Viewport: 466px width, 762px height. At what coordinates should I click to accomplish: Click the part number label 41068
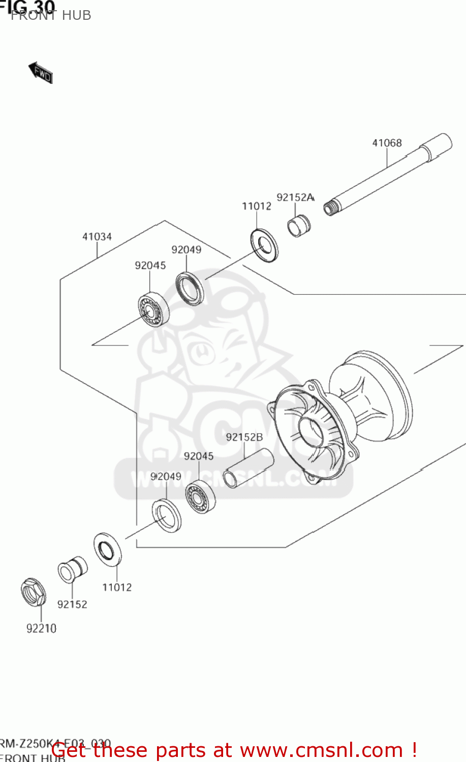pos(387,143)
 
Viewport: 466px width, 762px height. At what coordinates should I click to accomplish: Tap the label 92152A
pos(295,197)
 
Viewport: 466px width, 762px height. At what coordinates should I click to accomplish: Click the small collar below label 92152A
pos(298,226)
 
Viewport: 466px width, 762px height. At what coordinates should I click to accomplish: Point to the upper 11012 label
pos(256,206)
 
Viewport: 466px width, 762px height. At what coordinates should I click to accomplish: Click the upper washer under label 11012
pos(264,246)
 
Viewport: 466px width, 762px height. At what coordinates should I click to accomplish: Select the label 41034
pos(97,237)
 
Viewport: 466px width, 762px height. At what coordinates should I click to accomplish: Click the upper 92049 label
pos(186,250)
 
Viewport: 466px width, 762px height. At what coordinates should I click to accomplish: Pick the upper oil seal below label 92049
pos(190,289)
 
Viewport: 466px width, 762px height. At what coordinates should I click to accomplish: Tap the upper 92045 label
pos(150,266)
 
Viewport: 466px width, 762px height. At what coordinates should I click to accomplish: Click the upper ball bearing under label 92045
pos(153,309)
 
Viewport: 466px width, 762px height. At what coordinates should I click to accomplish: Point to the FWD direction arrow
pos(41,73)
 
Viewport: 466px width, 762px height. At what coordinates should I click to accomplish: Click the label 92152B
pos(244,437)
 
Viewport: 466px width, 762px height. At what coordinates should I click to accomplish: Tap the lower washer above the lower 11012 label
pos(107,549)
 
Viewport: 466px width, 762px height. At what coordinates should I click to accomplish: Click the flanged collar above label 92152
pos(72,570)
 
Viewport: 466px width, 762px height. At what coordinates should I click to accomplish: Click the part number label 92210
pos(41,629)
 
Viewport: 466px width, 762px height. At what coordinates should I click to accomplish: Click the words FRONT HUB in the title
pos(51,16)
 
